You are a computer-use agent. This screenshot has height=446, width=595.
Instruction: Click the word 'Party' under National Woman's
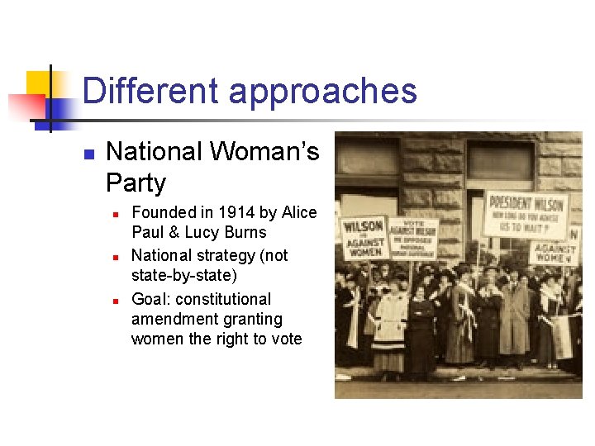136,183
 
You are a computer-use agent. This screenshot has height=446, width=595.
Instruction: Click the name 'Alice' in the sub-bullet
298,213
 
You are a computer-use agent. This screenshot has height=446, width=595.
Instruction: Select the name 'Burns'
244,233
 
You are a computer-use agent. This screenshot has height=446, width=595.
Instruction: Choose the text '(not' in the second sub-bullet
273,256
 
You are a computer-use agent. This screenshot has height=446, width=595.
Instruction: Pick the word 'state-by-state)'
183,276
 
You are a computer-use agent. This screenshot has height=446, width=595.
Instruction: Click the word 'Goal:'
152,299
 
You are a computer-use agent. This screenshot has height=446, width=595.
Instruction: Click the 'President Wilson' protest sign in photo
525,212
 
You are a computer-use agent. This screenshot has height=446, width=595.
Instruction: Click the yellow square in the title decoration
39,83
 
